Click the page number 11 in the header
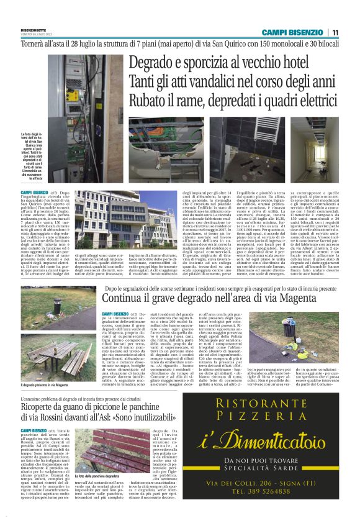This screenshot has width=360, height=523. point(335,32)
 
